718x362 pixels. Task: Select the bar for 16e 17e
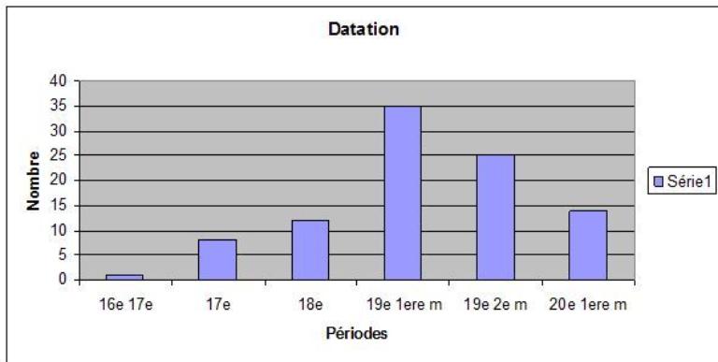[124, 277]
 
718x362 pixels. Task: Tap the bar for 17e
[217, 259]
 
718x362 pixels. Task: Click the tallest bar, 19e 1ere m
[402, 193]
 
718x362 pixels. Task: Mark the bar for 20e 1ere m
[587, 244]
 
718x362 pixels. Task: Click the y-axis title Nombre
[35, 181]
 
